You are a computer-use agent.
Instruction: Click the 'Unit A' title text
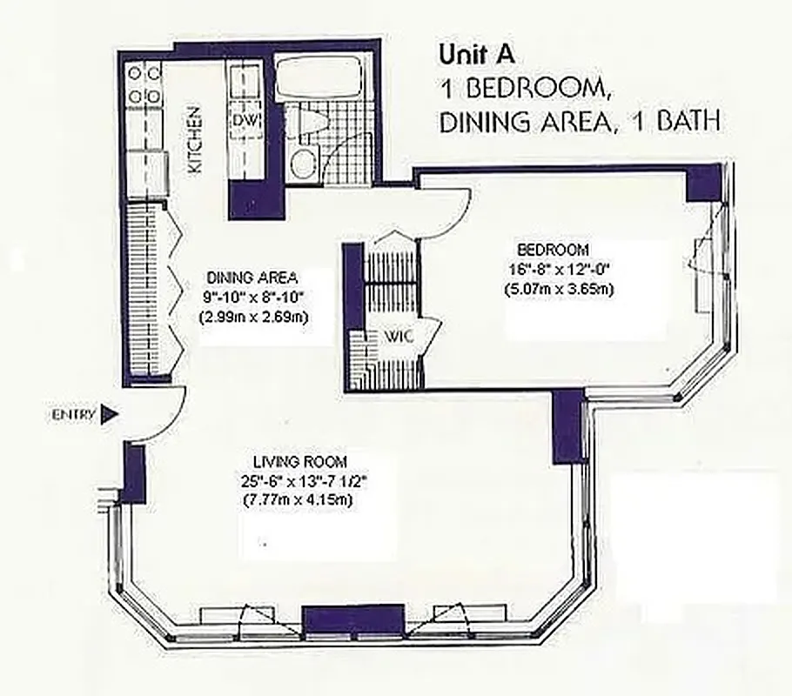tap(477, 54)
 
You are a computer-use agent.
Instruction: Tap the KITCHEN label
tap(196, 138)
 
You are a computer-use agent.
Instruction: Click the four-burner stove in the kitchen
tap(144, 84)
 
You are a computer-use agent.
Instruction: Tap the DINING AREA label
tap(252, 278)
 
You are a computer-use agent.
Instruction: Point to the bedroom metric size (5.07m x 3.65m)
tap(558, 289)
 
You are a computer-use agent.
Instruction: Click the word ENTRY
tap(72, 415)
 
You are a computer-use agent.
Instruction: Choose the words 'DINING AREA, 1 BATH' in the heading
tap(580, 122)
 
